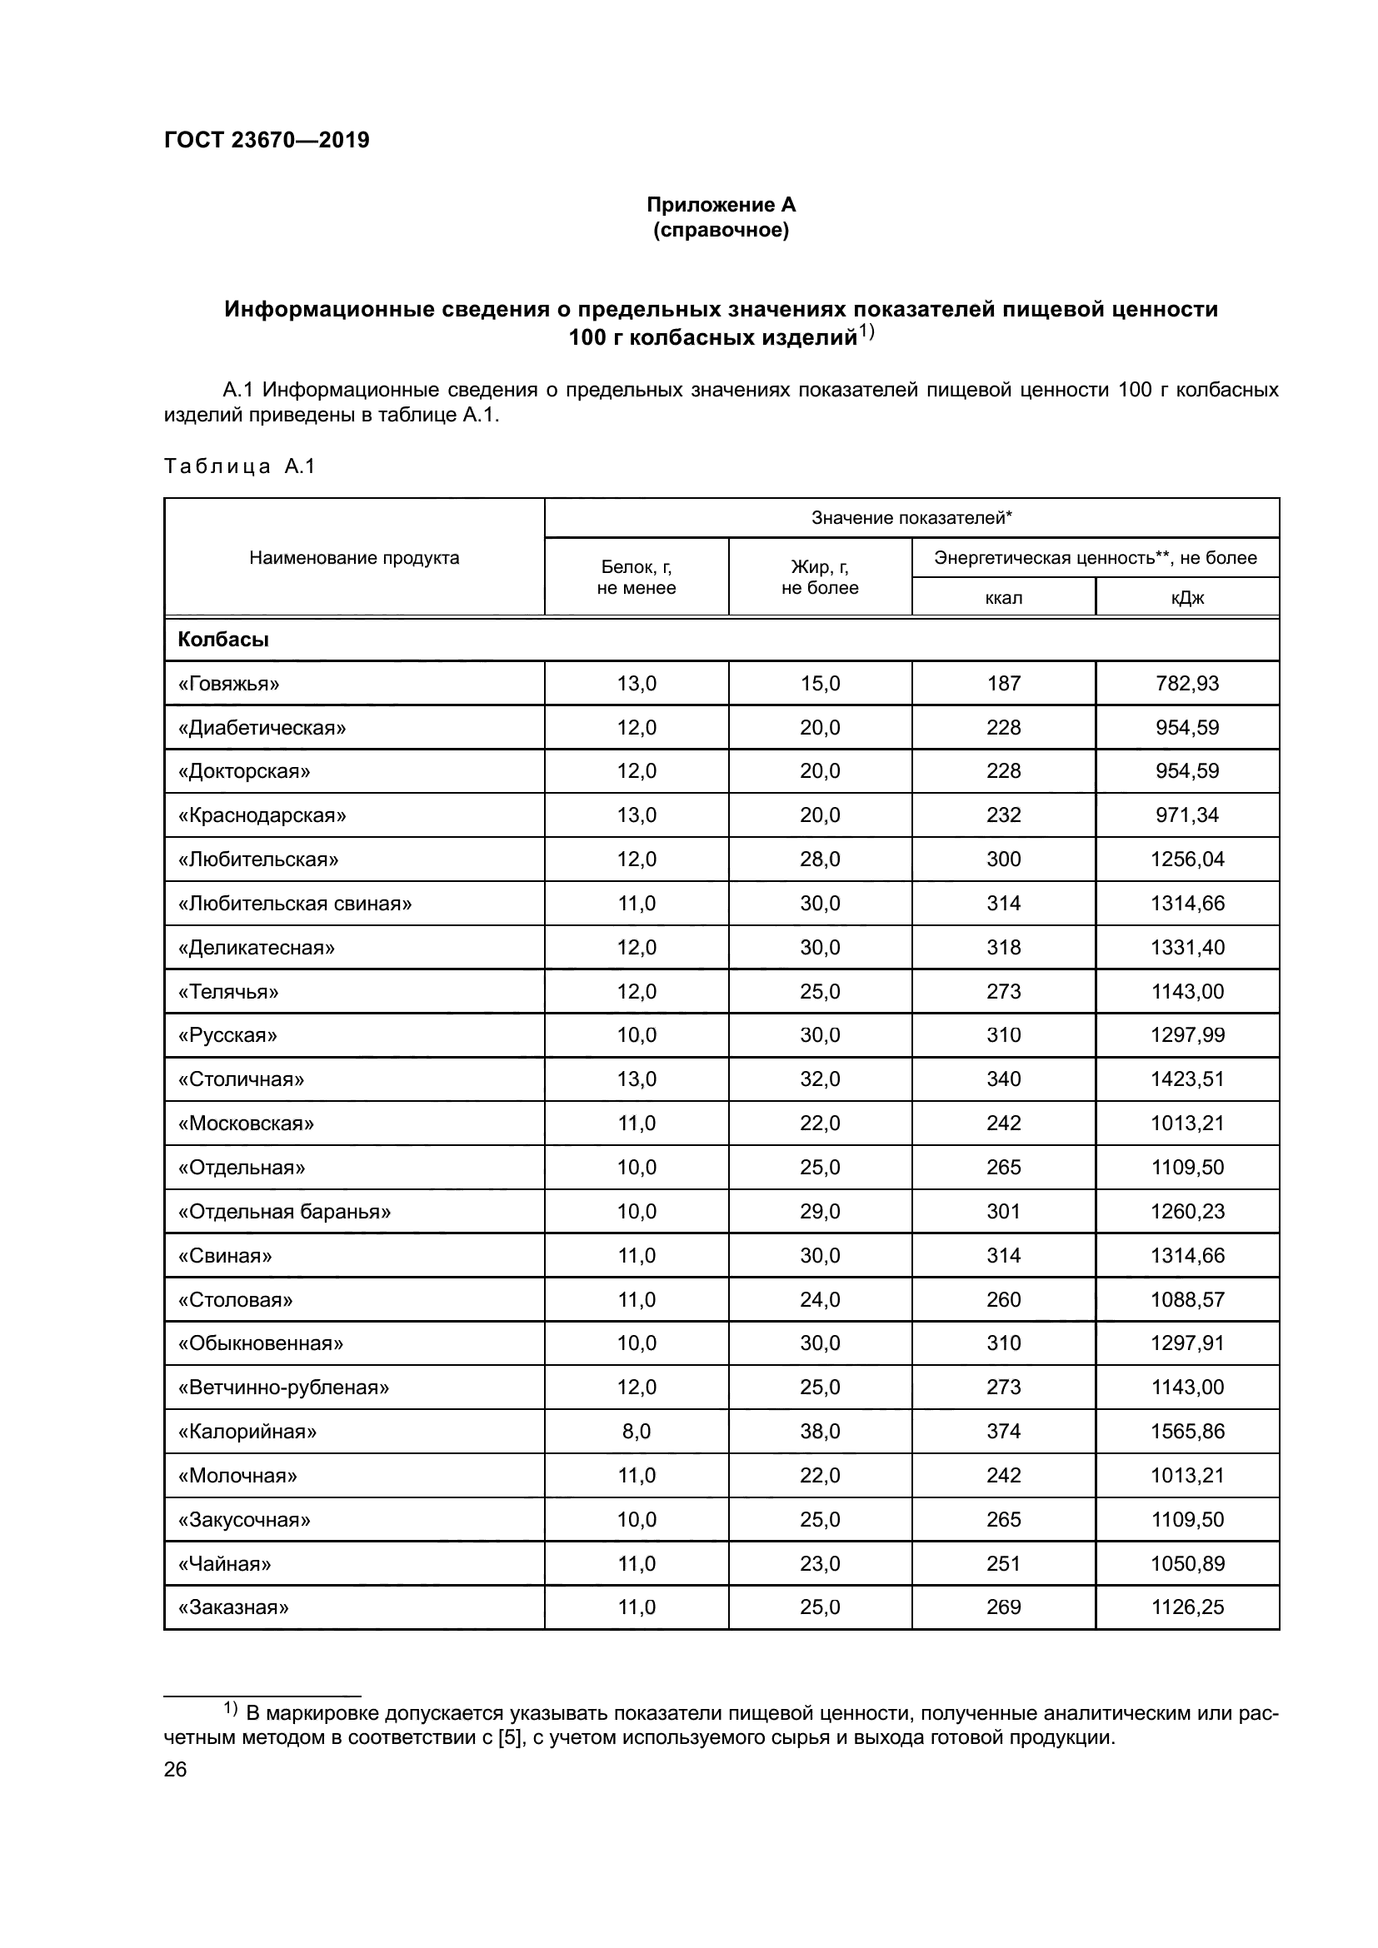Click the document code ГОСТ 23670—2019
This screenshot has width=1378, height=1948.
point(267,140)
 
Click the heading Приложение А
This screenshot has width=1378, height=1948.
point(721,205)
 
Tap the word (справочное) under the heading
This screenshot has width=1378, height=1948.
point(721,230)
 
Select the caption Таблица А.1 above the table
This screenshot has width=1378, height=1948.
point(238,466)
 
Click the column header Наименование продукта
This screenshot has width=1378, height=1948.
point(354,557)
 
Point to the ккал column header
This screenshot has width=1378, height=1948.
point(1003,597)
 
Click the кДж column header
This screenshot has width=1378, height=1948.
point(1186,597)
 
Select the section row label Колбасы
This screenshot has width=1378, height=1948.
point(223,640)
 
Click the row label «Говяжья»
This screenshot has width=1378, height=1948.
point(228,683)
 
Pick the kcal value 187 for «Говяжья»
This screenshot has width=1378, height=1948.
point(1003,683)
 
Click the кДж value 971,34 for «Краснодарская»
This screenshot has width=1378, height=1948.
point(1186,815)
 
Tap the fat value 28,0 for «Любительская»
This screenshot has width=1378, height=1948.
point(820,859)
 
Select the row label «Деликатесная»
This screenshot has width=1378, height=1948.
point(257,947)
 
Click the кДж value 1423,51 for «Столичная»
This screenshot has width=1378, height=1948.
point(1186,1079)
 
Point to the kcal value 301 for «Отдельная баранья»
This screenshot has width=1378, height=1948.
point(1003,1211)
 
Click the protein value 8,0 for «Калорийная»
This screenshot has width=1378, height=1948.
point(637,1432)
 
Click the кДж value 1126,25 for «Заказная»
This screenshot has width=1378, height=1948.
point(1186,1607)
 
